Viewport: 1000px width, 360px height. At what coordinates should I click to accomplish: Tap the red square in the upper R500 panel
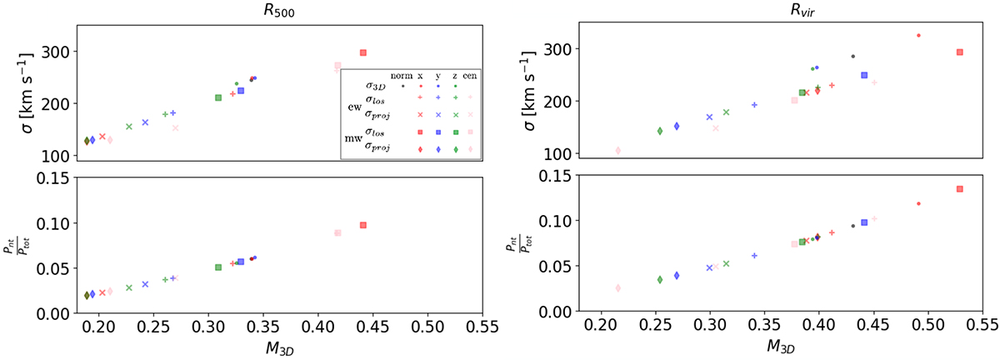363,52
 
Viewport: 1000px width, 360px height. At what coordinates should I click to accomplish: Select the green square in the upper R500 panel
218,97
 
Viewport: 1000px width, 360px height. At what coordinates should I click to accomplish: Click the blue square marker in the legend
437,132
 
